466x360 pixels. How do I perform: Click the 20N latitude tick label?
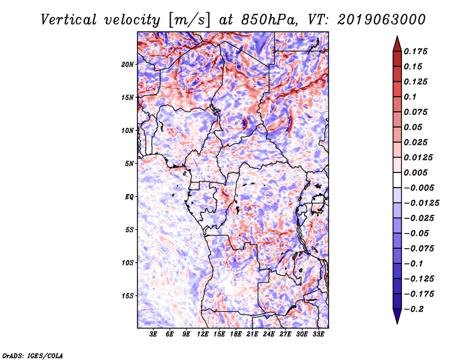coord(128,65)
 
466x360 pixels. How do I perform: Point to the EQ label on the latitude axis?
coord(129,197)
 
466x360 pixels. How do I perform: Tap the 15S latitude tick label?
coord(128,296)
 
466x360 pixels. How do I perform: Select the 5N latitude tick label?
coord(129,164)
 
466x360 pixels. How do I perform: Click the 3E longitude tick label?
coord(153,334)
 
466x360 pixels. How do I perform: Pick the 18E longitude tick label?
coord(236,334)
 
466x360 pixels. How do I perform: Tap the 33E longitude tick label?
coord(318,334)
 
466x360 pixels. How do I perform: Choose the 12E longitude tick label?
coord(203,334)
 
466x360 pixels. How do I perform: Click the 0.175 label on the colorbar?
coord(415,51)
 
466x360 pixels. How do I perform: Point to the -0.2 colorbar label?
coord(414,309)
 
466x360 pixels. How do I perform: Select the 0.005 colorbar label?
coord(415,172)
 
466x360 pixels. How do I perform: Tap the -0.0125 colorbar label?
coord(421,203)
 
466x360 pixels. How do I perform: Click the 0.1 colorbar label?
coord(410,97)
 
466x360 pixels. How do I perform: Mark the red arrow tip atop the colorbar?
coord(397,36)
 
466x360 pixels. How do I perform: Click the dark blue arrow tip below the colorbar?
coord(397,323)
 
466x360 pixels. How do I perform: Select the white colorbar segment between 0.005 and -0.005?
coord(397,180)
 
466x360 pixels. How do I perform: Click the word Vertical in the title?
coord(69,20)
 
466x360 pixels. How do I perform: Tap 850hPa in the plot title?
coord(269,20)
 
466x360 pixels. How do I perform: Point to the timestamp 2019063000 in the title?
coord(381,20)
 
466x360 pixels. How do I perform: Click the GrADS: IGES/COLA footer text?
coord(33,355)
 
